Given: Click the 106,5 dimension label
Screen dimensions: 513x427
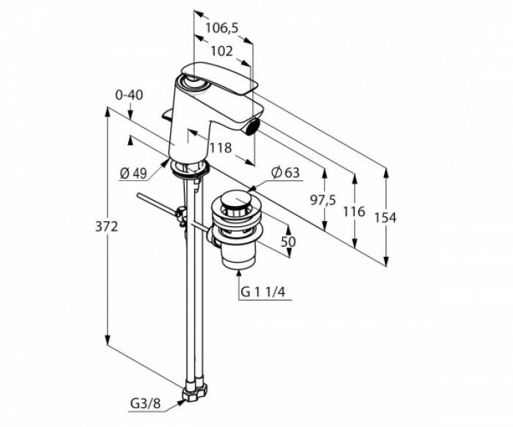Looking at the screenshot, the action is pos(222,29).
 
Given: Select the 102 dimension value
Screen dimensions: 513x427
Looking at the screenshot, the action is pos(221,51).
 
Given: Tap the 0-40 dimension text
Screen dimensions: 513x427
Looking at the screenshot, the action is pos(129,95).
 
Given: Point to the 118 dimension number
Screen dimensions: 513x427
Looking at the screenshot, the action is pos(221,148).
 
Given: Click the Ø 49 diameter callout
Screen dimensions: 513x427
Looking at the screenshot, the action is pos(133,174).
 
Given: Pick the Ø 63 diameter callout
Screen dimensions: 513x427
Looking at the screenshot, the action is pos(285,173).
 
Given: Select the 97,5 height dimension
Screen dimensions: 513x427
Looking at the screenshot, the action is pos(323,201).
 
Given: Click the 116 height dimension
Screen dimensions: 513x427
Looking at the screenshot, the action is pos(354,212).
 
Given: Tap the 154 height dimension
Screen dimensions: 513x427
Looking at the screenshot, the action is pos(385,218).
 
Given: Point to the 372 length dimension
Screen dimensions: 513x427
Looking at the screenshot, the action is pos(106,226).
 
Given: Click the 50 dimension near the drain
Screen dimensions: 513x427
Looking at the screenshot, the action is pos(288,242).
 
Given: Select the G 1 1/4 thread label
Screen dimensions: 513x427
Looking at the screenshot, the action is pos(262,292).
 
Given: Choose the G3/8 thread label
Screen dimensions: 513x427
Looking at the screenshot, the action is pos(146,404).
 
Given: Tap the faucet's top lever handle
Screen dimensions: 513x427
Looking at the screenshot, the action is pos(218,78).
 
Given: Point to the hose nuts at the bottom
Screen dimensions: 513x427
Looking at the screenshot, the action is pos(195,390).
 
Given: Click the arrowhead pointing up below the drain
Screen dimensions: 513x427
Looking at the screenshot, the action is pos(239,272).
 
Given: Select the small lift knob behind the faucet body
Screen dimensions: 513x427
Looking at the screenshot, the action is pos(168,115).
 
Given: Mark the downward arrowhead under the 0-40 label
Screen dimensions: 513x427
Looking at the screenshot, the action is pos(130,116).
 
